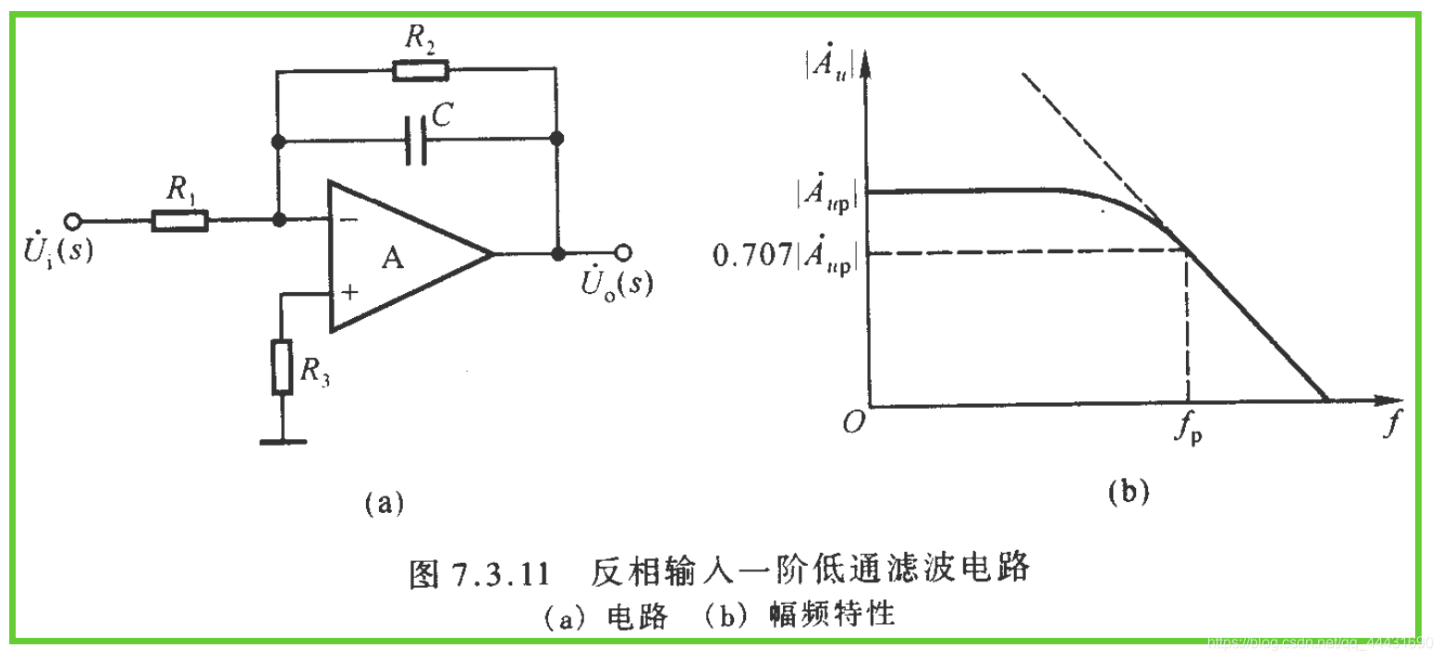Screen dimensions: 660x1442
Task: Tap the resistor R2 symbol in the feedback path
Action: (421, 70)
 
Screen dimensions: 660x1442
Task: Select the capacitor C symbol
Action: (417, 141)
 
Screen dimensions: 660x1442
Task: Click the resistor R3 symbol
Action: (282, 367)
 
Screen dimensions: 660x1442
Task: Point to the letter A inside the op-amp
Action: (394, 260)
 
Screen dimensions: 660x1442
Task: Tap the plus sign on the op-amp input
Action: (349, 293)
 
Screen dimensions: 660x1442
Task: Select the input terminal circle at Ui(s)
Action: (73, 221)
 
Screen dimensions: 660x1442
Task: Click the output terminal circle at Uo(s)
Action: (625, 253)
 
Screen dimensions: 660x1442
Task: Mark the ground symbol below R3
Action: (282, 441)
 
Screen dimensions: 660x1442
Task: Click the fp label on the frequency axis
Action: (1190, 430)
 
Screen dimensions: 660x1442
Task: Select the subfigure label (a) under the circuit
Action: (383, 503)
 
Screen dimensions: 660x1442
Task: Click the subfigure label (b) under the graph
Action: (1128, 492)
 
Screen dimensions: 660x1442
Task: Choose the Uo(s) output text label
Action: (616, 283)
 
